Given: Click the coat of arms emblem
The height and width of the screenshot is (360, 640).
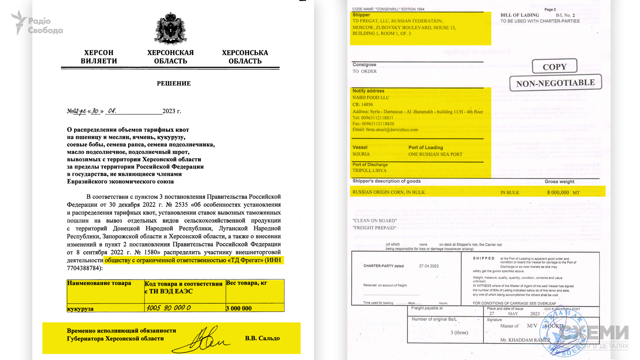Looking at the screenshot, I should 170,29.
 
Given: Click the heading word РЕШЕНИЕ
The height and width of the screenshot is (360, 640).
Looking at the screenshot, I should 174,83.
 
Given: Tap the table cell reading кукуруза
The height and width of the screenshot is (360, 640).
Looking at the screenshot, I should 80,309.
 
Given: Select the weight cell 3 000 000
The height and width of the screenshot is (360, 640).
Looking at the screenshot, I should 239,308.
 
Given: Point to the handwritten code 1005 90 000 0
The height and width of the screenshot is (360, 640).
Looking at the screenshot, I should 168,308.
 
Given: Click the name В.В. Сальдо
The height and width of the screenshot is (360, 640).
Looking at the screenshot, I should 262,338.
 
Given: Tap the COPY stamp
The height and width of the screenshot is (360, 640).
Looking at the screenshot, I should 554,67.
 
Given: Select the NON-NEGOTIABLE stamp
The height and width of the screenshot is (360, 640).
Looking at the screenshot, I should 555,83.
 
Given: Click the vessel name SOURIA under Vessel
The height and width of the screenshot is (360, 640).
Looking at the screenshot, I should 361,154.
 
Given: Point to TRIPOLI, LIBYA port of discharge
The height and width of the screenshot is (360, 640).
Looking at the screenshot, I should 369,170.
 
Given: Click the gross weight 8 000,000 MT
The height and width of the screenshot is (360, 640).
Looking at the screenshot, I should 563,192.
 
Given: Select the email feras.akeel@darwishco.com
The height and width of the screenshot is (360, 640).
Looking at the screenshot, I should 385,130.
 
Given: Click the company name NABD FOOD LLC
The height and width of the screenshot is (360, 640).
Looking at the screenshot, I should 371,98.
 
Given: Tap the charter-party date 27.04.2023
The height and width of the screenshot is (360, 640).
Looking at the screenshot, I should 429,266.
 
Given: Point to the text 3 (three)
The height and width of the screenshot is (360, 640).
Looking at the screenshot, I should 459,332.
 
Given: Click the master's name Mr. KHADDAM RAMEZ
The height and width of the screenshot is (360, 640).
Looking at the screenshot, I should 525,340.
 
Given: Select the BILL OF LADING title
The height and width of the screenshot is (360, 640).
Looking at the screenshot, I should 520,15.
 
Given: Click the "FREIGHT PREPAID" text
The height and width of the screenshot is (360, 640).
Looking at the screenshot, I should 374,228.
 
